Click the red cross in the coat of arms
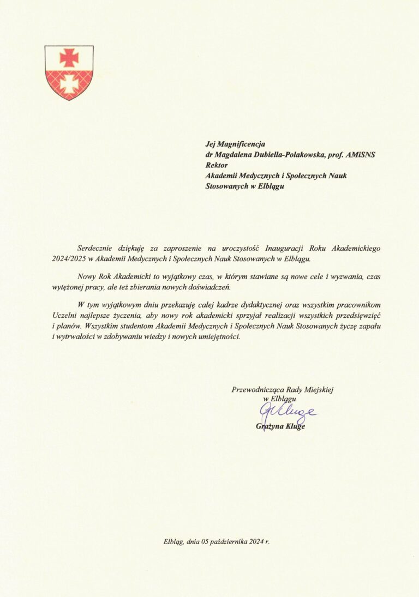(x=69, y=57)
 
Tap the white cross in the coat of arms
(x=69, y=83)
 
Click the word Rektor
(x=216, y=165)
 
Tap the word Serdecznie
(x=97, y=248)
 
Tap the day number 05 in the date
(x=208, y=542)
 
